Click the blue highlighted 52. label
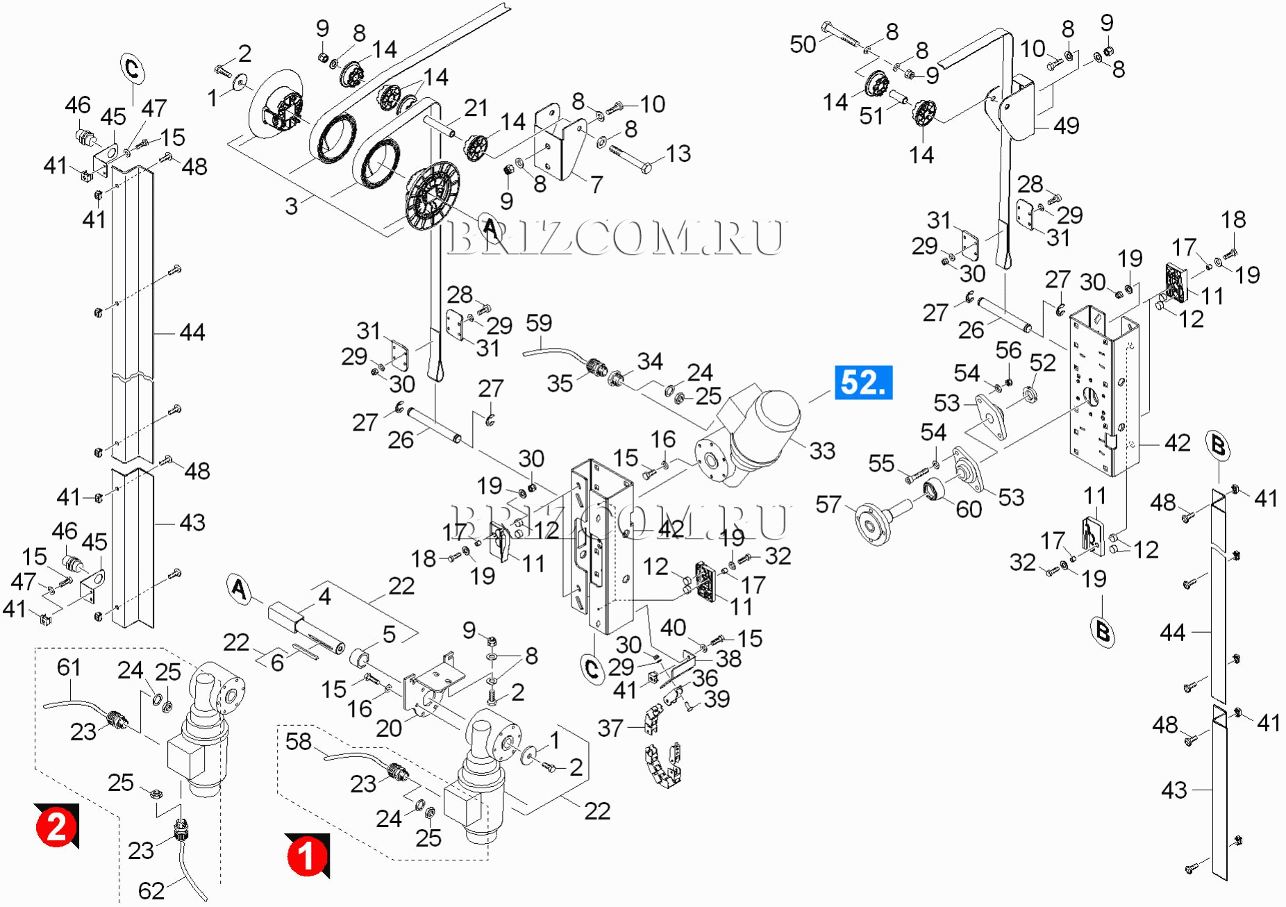pyautogui.click(x=863, y=383)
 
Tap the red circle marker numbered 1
pyautogui.click(x=306, y=856)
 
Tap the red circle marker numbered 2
pyautogui.click(x=56, y=826)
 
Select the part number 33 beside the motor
pyautogui.click(x=822, y=451)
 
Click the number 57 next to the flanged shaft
pyautogui.click(x=828, y=504)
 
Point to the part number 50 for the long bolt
pyautogui.click(x=803, y=44)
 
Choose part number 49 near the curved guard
pyautogui.click(x=1066, y=126)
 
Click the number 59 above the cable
pyautogui.click(x=539, y=323)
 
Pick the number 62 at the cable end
pyautogui.click(x=151, y=890)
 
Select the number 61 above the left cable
pyautogui.click(x=69, y=667)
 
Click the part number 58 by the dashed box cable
pyautogui.click(x=299, y=741)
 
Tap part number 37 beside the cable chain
pyautogui.click(x=610, y=728)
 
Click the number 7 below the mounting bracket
pyautogui.click(x=596, y=184)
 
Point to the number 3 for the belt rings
pyautogui.click(x=291, y=206)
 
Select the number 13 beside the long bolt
pyautogui.click(x=678, y=153)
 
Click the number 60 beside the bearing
pyautogui.click(x=969, y=509)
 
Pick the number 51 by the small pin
pyautogui.click(x=871, y=116)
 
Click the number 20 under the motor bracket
pyautogui.click(x=389, y=728)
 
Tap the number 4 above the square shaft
pyautogui.click(x=324, y=596)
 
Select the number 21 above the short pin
pyautogui.click(x=476, y=108)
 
